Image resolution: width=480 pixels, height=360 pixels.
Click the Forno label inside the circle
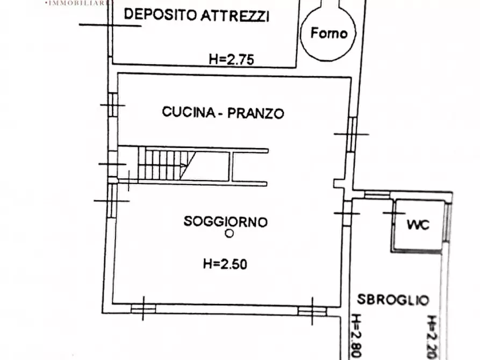(329, 33)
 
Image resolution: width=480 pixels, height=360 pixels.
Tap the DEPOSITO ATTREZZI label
(196, 16)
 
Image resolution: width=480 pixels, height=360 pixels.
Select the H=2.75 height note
(231, 60)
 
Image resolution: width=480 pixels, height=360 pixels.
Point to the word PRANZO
(255, 113)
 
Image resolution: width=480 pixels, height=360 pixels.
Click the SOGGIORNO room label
(226, 221)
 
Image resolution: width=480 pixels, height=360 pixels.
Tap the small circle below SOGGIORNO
(230, 234)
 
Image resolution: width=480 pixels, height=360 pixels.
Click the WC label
(418, 225)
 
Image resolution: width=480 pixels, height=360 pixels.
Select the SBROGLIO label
(393, 299)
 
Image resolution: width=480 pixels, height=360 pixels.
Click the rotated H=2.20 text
(433, 337)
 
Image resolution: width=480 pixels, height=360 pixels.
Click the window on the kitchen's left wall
(112, 104)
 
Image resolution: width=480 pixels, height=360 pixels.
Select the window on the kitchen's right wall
(351, 134)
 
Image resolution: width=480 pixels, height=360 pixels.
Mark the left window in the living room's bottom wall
(144, 308)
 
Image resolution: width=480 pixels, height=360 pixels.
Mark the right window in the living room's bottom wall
(312, 311)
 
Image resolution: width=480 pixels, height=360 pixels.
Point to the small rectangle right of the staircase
(248, 167)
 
